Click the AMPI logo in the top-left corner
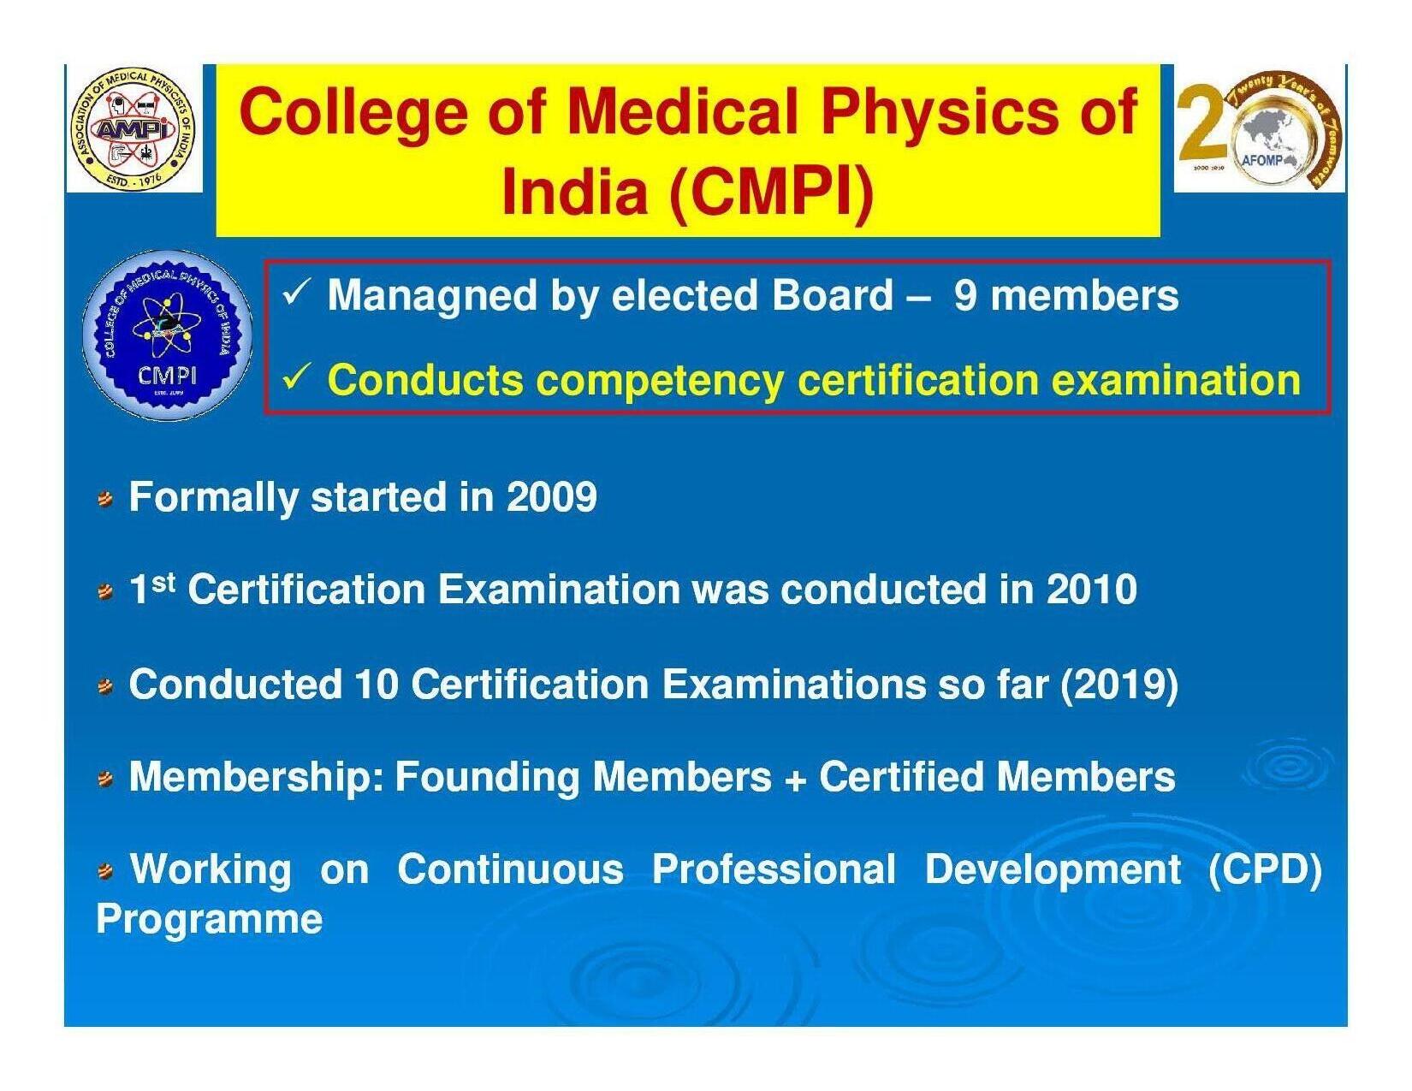(x=133, y=129)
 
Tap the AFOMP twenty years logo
(x=1259, y=129)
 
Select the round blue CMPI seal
(x=168, y=335)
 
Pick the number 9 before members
(x=964, y=297)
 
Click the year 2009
(x=551, y=497)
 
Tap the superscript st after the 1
(x=164, y=581)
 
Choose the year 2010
(x=1091, y=590)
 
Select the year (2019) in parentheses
(x=1118, y=685)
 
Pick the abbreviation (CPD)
(x=1265, y=870)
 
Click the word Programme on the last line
(x=210, y=921)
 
